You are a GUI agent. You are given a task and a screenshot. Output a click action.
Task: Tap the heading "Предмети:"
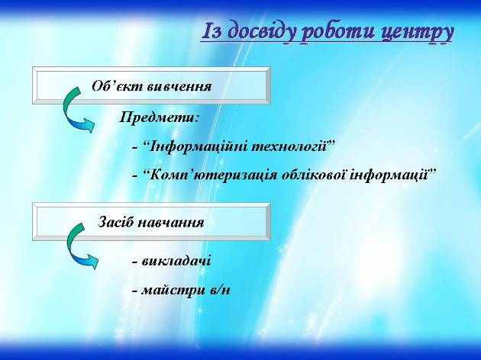[159, 117]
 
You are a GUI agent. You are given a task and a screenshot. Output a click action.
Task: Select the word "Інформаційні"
[199, 146]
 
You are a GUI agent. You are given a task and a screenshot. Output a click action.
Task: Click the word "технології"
[289, 146]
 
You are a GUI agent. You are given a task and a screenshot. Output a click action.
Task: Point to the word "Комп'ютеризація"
[214, 175]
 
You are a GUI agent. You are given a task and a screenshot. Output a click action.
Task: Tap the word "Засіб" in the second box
[115, 222]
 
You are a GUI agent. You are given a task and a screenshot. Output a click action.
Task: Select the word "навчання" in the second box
[170, 223]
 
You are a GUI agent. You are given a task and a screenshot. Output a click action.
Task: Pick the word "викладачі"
[176, 261]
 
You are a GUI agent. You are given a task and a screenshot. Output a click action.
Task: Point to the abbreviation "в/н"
[220, 290]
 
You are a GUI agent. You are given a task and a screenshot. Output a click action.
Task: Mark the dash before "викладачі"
[134, 262]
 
